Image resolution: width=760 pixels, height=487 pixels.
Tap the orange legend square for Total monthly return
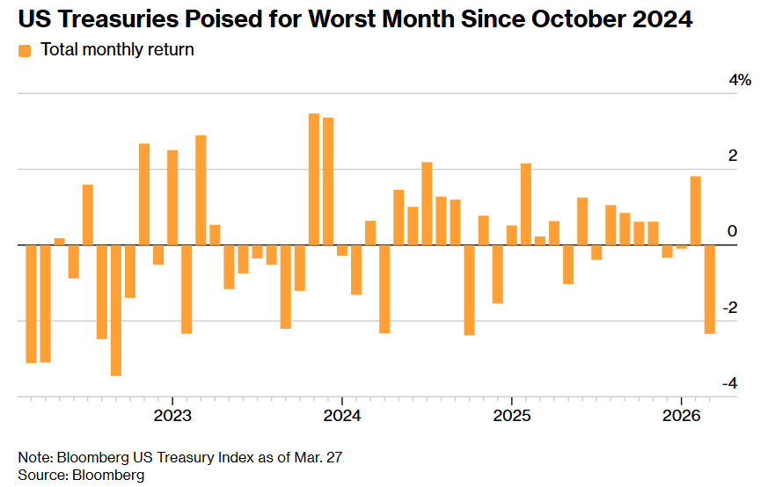tap(25, 51)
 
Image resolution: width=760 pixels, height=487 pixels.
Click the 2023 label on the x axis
tap(172, 414)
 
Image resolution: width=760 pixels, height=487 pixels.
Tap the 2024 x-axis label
tap(342, 414)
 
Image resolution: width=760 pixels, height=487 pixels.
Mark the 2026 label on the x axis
tap(682, 414)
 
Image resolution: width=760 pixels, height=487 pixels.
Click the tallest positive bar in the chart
tap(314, 179)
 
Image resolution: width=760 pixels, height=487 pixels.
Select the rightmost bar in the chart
tap(710, 290)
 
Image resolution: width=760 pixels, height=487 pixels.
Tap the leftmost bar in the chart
tap(31, 303)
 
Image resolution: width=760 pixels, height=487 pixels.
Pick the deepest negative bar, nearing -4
tap(116, 310)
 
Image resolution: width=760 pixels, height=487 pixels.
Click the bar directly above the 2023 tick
tap(172, 198)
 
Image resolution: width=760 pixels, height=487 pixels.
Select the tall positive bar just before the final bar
tap(696, 211)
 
